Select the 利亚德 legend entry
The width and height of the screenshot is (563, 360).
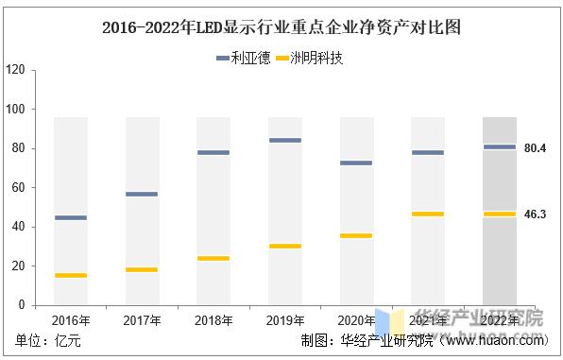[245, 59]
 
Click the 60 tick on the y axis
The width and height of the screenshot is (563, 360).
[17, 188]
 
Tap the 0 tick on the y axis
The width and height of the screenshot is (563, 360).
[20, 305]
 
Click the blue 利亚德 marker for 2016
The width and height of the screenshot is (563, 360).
[71, 217]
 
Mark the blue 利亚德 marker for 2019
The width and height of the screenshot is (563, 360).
[285, 140]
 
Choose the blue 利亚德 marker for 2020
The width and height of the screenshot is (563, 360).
[356, 163]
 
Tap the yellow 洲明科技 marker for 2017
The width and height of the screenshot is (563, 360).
[142, 269]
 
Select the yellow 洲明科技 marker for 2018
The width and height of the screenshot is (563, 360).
[213, 258]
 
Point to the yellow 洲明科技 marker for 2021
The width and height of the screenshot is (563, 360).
[428, 214]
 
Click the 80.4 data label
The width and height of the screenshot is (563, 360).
[536, 147]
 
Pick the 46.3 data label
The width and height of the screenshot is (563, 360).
[536, 214]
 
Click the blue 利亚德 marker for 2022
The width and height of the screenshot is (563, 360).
[499, 146]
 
